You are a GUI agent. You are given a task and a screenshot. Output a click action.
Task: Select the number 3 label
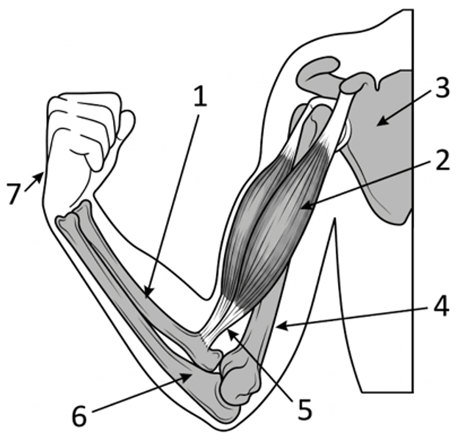tap(442, 88)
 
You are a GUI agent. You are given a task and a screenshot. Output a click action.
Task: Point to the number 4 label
tap(441, 306)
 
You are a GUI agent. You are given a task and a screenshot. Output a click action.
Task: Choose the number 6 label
tap(80, 416)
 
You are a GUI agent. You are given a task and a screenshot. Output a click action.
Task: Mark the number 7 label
tap(15, 193)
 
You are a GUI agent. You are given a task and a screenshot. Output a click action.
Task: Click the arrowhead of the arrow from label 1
tap(148, 293)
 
